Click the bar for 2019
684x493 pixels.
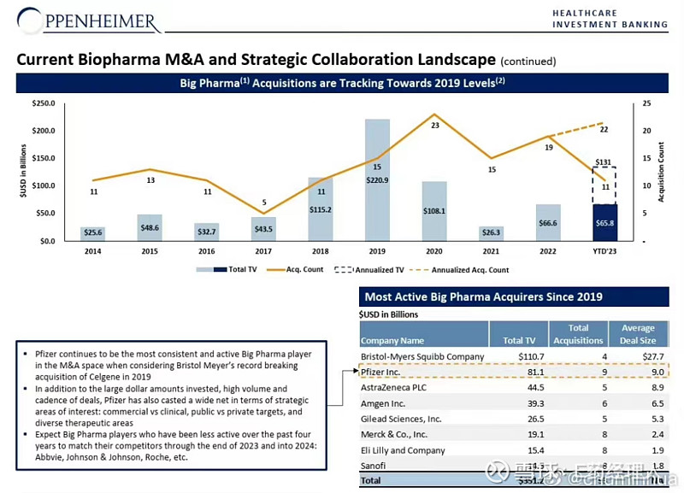point(377,179)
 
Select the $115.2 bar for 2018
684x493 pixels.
point(320,208)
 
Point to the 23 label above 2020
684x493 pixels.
point(434,125)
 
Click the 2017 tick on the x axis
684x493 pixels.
point(263,250)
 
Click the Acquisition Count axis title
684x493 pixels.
point(661,172)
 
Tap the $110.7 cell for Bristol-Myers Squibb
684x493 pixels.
point(518,356)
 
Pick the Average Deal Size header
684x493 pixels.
point(638,334)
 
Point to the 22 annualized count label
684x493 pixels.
point(604,130)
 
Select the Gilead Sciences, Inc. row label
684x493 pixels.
point(402,419)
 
